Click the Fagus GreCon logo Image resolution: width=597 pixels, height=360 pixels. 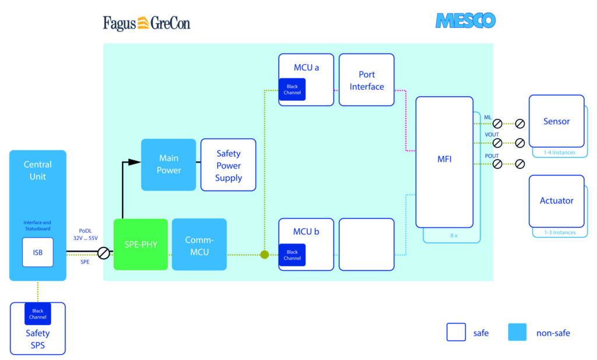[x=146, y=23]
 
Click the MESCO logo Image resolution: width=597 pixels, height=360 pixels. [x=465, y=21]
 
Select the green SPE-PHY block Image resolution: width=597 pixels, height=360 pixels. [x=141, y=244]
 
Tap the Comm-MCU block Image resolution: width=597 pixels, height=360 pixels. [x=199, y=244]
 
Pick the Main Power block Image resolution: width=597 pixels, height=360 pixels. [x=168, y=164]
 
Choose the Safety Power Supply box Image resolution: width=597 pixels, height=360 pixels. [x=228, y=165]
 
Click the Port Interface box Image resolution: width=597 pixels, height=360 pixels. [x=367, y=80]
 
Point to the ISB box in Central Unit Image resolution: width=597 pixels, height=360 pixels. [x=37, y=252]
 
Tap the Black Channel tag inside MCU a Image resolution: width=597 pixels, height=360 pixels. [x=292, y=90]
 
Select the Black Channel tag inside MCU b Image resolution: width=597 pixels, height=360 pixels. [x=292, y=255]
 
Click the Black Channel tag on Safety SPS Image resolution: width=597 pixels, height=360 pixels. [x=37, y=313]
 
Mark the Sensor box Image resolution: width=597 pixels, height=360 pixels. [x=556, y=121]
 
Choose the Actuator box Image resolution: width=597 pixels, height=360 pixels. [x=556, y=201]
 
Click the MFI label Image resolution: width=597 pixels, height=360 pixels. [x=444, y=158]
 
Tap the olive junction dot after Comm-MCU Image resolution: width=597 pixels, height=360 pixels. [x=264, y=254]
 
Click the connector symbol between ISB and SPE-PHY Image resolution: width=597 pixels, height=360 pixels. [x=103, y=253]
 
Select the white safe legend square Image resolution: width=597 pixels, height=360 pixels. [x=456, y=333]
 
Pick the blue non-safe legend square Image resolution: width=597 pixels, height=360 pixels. [x=517, y=333]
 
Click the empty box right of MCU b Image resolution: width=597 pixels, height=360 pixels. [x=367, y=244]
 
